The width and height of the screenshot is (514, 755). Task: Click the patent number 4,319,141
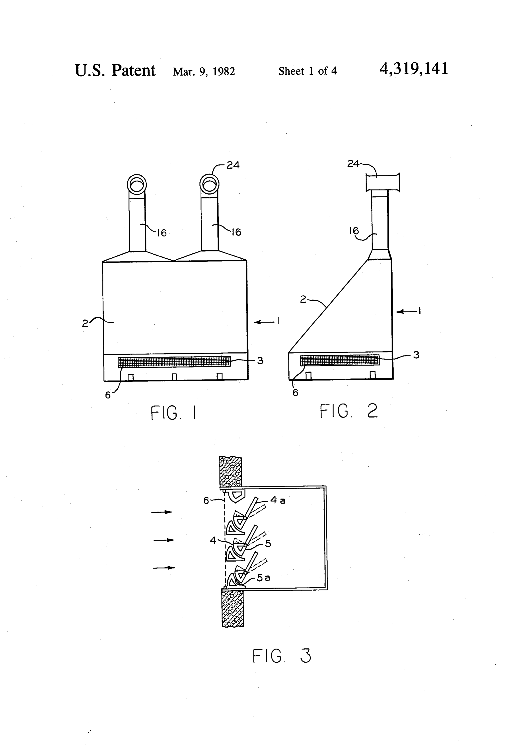[x=414, y=69]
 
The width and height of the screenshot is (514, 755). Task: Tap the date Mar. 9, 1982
[x=204, y=71]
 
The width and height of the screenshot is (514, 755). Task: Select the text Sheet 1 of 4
[x=307, y=71]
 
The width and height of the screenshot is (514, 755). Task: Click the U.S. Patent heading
[x=115, y=70]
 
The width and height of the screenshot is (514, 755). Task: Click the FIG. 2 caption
[x=349, y=411]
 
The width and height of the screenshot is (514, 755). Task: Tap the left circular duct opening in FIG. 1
[x=136, y=184]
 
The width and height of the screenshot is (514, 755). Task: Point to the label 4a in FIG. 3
[x=278, y=500]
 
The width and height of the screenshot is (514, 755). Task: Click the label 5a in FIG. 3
[x=263, y=577]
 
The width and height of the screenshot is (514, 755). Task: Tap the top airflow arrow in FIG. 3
[x=162, y=512]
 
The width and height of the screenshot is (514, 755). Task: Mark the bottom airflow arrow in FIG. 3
[x=164, y=568]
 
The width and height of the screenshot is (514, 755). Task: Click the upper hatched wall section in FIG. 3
[x=231, y=472]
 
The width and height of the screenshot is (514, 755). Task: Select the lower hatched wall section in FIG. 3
[x=233, y=609]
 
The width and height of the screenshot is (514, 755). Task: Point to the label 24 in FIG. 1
[x=233, y=165]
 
